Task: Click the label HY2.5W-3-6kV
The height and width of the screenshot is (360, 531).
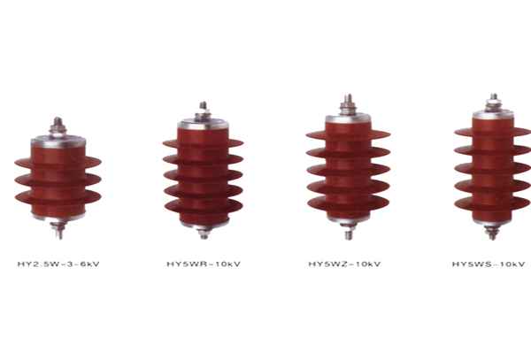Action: pyautogui.click(x=58, y=264)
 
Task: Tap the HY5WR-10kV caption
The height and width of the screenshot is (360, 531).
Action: pyautogui.click(x=204, y=264)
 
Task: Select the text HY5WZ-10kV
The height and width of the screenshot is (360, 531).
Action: pyautogui.click(x=344, y=264)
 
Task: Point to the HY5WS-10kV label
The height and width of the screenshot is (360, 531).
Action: pyautogui.click(x=489, y=264)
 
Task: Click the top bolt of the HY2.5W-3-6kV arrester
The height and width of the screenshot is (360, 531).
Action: pyautogui.click(x=58, y=126)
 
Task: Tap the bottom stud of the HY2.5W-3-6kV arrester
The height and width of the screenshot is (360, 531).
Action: pyautogui.click(x=59, y=230)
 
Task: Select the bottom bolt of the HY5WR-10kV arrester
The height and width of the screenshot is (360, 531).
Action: pyautogui.click(x=204, y=233)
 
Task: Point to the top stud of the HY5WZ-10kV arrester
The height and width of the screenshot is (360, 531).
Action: pyautogui.click(x=348, y=105)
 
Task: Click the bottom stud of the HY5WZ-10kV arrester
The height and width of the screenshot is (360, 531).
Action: pyautogui.click(x=349, y=231)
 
